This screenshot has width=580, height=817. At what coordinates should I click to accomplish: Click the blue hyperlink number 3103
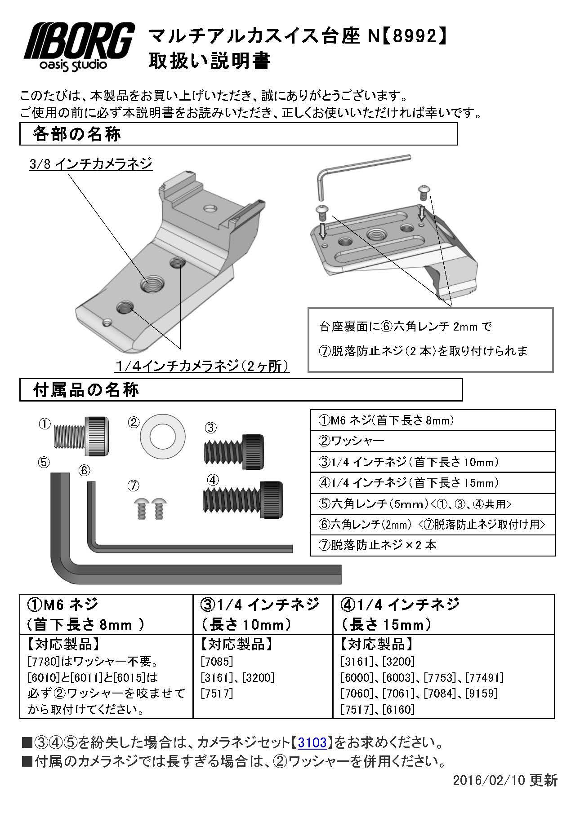tap(312, 742)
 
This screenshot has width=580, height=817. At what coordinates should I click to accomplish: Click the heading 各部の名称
tap(77, 134)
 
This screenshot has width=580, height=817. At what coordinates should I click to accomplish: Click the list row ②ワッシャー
tap(433, 441)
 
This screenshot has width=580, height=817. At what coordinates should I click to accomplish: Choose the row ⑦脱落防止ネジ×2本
tap(433, 545)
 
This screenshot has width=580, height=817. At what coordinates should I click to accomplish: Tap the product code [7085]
tap(218, 661)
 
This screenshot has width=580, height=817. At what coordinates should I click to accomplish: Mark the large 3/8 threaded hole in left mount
tap(152, 284)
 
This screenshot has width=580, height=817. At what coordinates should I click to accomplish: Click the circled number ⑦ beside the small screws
tap(133, 486)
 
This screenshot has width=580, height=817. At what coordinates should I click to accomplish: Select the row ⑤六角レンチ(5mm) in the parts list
tap(433, 503)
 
